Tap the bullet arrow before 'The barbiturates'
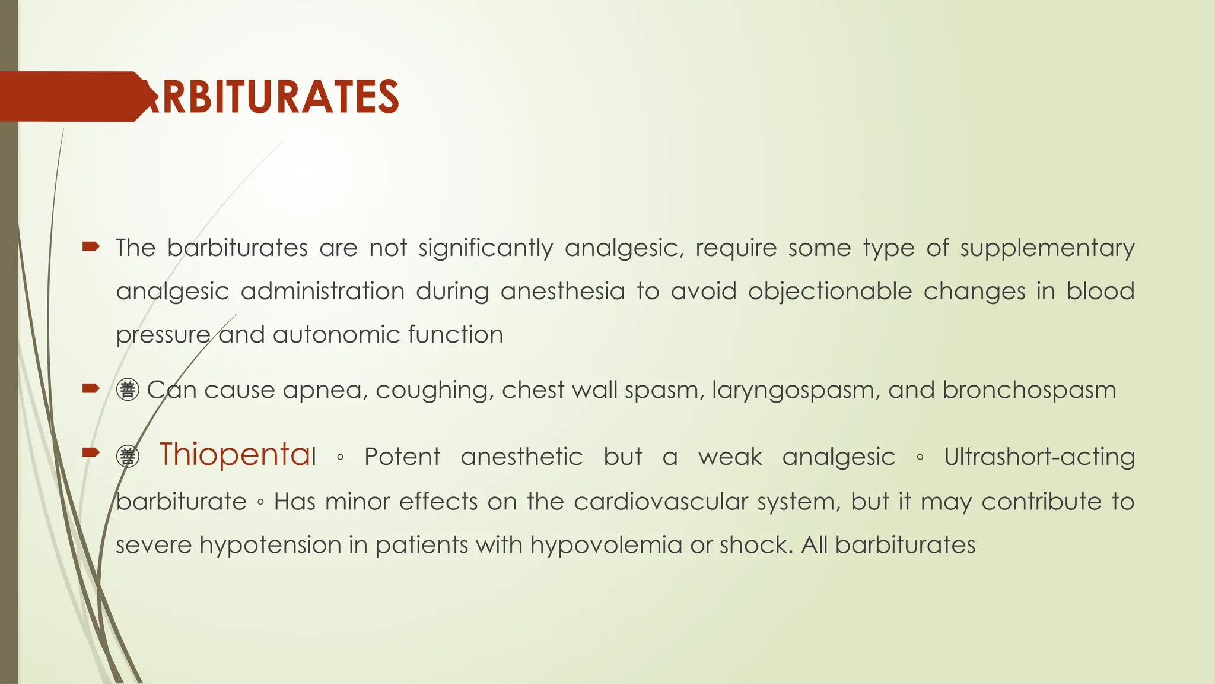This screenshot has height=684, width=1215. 90,246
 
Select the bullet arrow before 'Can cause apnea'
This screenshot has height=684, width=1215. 90,389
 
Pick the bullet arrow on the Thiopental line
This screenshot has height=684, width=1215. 90,453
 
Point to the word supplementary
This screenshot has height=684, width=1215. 1047,248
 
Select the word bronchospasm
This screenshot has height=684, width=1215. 1029,391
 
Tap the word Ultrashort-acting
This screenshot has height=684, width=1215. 1039,457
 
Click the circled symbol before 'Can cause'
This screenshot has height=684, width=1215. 128,390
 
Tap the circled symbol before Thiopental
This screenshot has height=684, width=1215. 128,457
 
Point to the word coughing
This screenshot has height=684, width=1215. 434,391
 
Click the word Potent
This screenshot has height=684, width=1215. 402,457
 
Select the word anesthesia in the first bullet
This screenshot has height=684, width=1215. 562,292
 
